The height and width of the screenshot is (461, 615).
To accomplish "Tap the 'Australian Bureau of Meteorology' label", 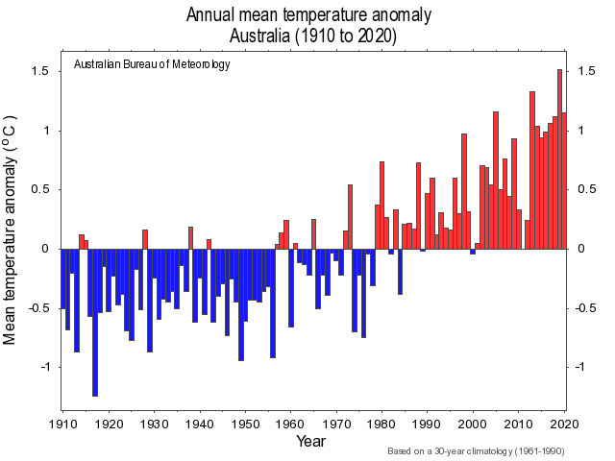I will (x=152, y=65).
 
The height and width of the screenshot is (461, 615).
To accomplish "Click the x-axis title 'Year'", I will (x=308, y=443).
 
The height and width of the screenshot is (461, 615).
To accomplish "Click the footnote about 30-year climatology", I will (x=477, y=451).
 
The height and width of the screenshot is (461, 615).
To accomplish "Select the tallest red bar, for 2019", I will (x=559, y=158).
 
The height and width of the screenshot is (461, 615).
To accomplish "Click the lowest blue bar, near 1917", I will (x=95, y=322).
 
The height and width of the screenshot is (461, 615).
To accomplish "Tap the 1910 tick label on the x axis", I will (x=62, y=424).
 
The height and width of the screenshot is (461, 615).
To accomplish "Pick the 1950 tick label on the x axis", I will (x=245, y=424).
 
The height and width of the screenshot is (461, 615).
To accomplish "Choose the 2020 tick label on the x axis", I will (x=564, y=424).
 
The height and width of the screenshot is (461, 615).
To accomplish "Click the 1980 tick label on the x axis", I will (x=381, y=424).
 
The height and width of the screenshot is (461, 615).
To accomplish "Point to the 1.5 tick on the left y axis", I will (x=40, y=72).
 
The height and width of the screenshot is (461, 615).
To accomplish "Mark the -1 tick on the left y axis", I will (x=44, y=367).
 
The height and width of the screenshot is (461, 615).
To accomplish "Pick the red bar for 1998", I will (x=464, y=191).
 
